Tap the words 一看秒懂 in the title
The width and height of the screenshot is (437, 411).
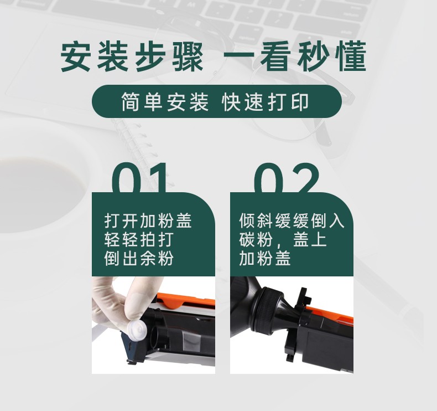[x=294, y=58]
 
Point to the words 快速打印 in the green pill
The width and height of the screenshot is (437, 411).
[x=265, y=102]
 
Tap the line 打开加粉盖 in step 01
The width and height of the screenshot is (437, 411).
[x=148, y=221]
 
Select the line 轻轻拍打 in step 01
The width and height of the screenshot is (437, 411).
[x=139, y=240]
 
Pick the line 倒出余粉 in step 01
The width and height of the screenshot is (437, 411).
[x=139, y=258]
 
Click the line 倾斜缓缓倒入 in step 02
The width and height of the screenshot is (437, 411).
[x=292, y=221]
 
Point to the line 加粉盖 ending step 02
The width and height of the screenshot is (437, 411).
[x=265, y=258]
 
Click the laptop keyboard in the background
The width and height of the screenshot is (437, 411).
[x=277, y=17]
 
